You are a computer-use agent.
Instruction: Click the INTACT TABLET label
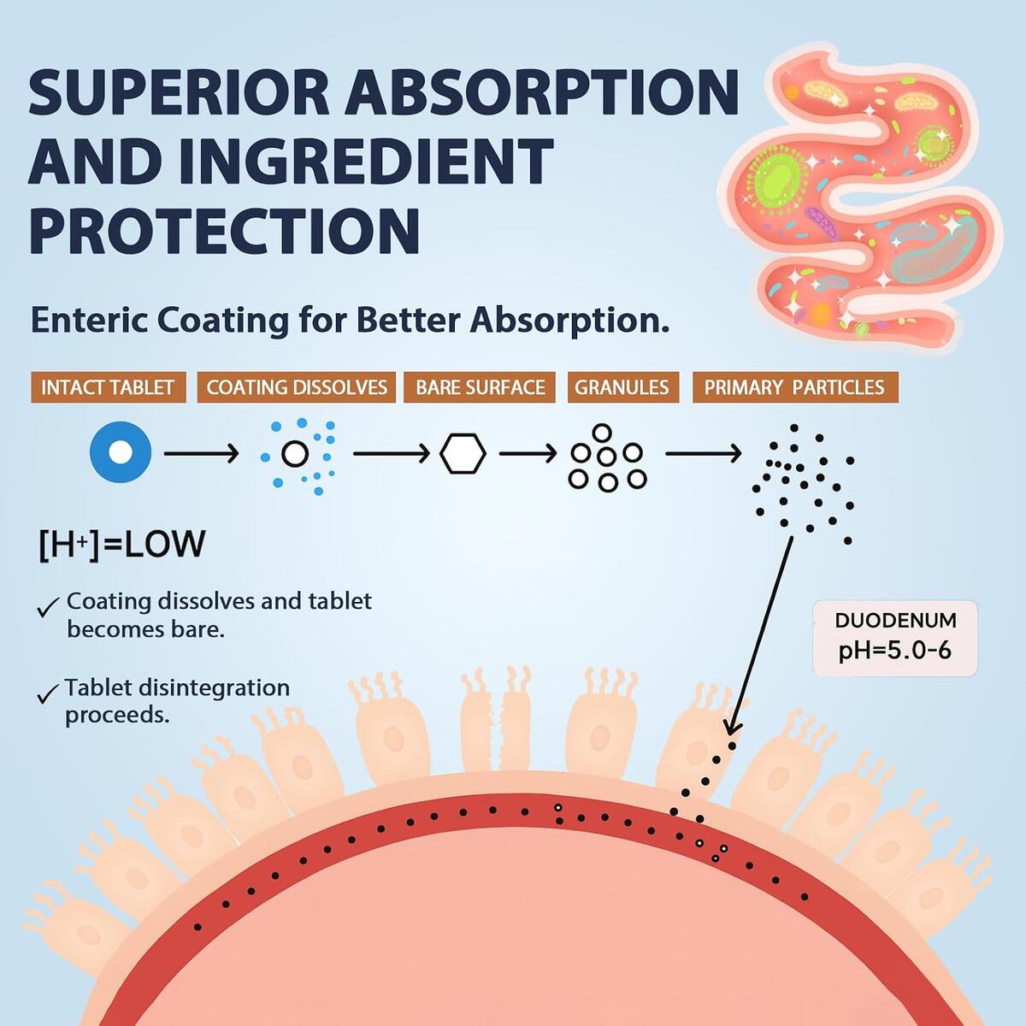(x=108, y=387)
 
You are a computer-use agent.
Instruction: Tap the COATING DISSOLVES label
(x=297, y=387)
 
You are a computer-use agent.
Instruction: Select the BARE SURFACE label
(x=480, y=387)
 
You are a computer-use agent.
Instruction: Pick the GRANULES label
(x=623, y=387)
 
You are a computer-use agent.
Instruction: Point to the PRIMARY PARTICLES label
(x=795, y=387)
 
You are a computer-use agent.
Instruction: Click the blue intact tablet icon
(x=121, y=452)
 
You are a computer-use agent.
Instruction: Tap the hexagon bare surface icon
(x=463, y=454)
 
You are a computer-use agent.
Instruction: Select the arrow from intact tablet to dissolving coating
(x=201, y=454)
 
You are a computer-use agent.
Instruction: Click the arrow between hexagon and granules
(x=528, y=454)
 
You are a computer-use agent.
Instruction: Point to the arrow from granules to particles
(x=704, y=454)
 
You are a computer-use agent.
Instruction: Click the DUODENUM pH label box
(x=895, y=638)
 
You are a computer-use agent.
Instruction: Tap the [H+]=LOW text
(x=122, y=544)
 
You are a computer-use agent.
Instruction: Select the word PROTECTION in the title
(x=224, y=230)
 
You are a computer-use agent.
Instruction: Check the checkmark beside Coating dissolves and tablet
(x=48, y=607)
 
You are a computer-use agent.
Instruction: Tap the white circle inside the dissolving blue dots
(x=295, y=454)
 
